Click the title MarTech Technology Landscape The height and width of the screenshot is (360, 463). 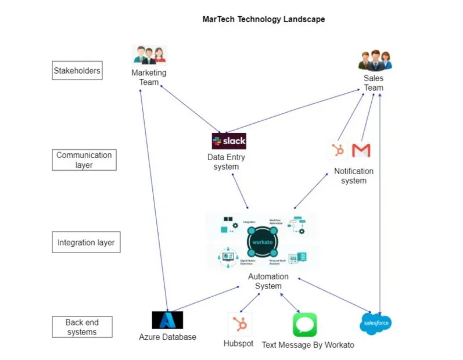point(263,19)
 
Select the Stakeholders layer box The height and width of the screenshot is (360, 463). point(77,71)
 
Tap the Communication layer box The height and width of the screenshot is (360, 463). point(84,160)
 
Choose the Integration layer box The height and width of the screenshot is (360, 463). point(86,242)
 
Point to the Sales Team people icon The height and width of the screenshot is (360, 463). point(375,60)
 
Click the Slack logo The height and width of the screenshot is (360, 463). point(229,141)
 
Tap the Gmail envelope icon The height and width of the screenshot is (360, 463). point(361,150)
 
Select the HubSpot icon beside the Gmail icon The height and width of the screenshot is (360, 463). point(337,150)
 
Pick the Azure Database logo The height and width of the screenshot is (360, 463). point(167,320)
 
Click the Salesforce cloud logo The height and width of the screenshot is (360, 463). point(375,323)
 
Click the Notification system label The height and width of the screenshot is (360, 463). point(354,176)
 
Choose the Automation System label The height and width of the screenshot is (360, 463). point(268,281)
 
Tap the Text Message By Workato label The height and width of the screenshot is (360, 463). point(307,345)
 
